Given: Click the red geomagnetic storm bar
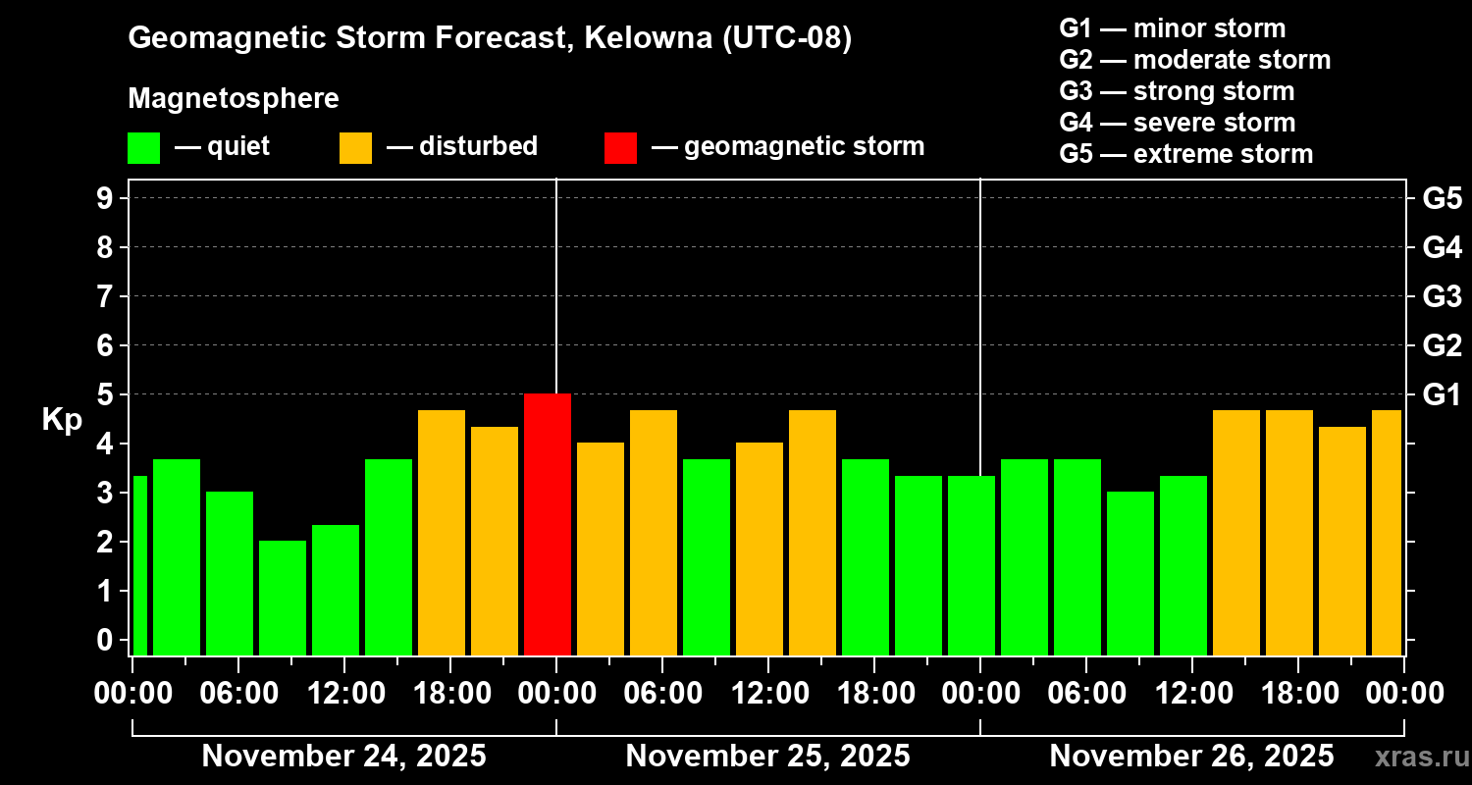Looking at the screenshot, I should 548,524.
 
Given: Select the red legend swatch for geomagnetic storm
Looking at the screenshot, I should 620,147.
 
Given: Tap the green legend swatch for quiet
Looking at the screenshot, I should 143,147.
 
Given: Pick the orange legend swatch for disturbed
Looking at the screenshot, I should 355,147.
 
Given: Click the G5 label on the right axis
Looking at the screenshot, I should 1442,198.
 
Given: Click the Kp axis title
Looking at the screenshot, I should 62,420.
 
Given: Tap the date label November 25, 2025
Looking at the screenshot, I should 767,757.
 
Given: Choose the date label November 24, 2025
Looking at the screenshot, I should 343,757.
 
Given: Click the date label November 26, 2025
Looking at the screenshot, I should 1191,757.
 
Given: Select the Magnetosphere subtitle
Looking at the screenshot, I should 234,99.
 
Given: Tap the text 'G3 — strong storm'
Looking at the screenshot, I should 1177,91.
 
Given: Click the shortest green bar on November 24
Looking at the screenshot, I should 283,598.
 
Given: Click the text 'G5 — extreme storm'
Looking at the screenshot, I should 1185,154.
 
